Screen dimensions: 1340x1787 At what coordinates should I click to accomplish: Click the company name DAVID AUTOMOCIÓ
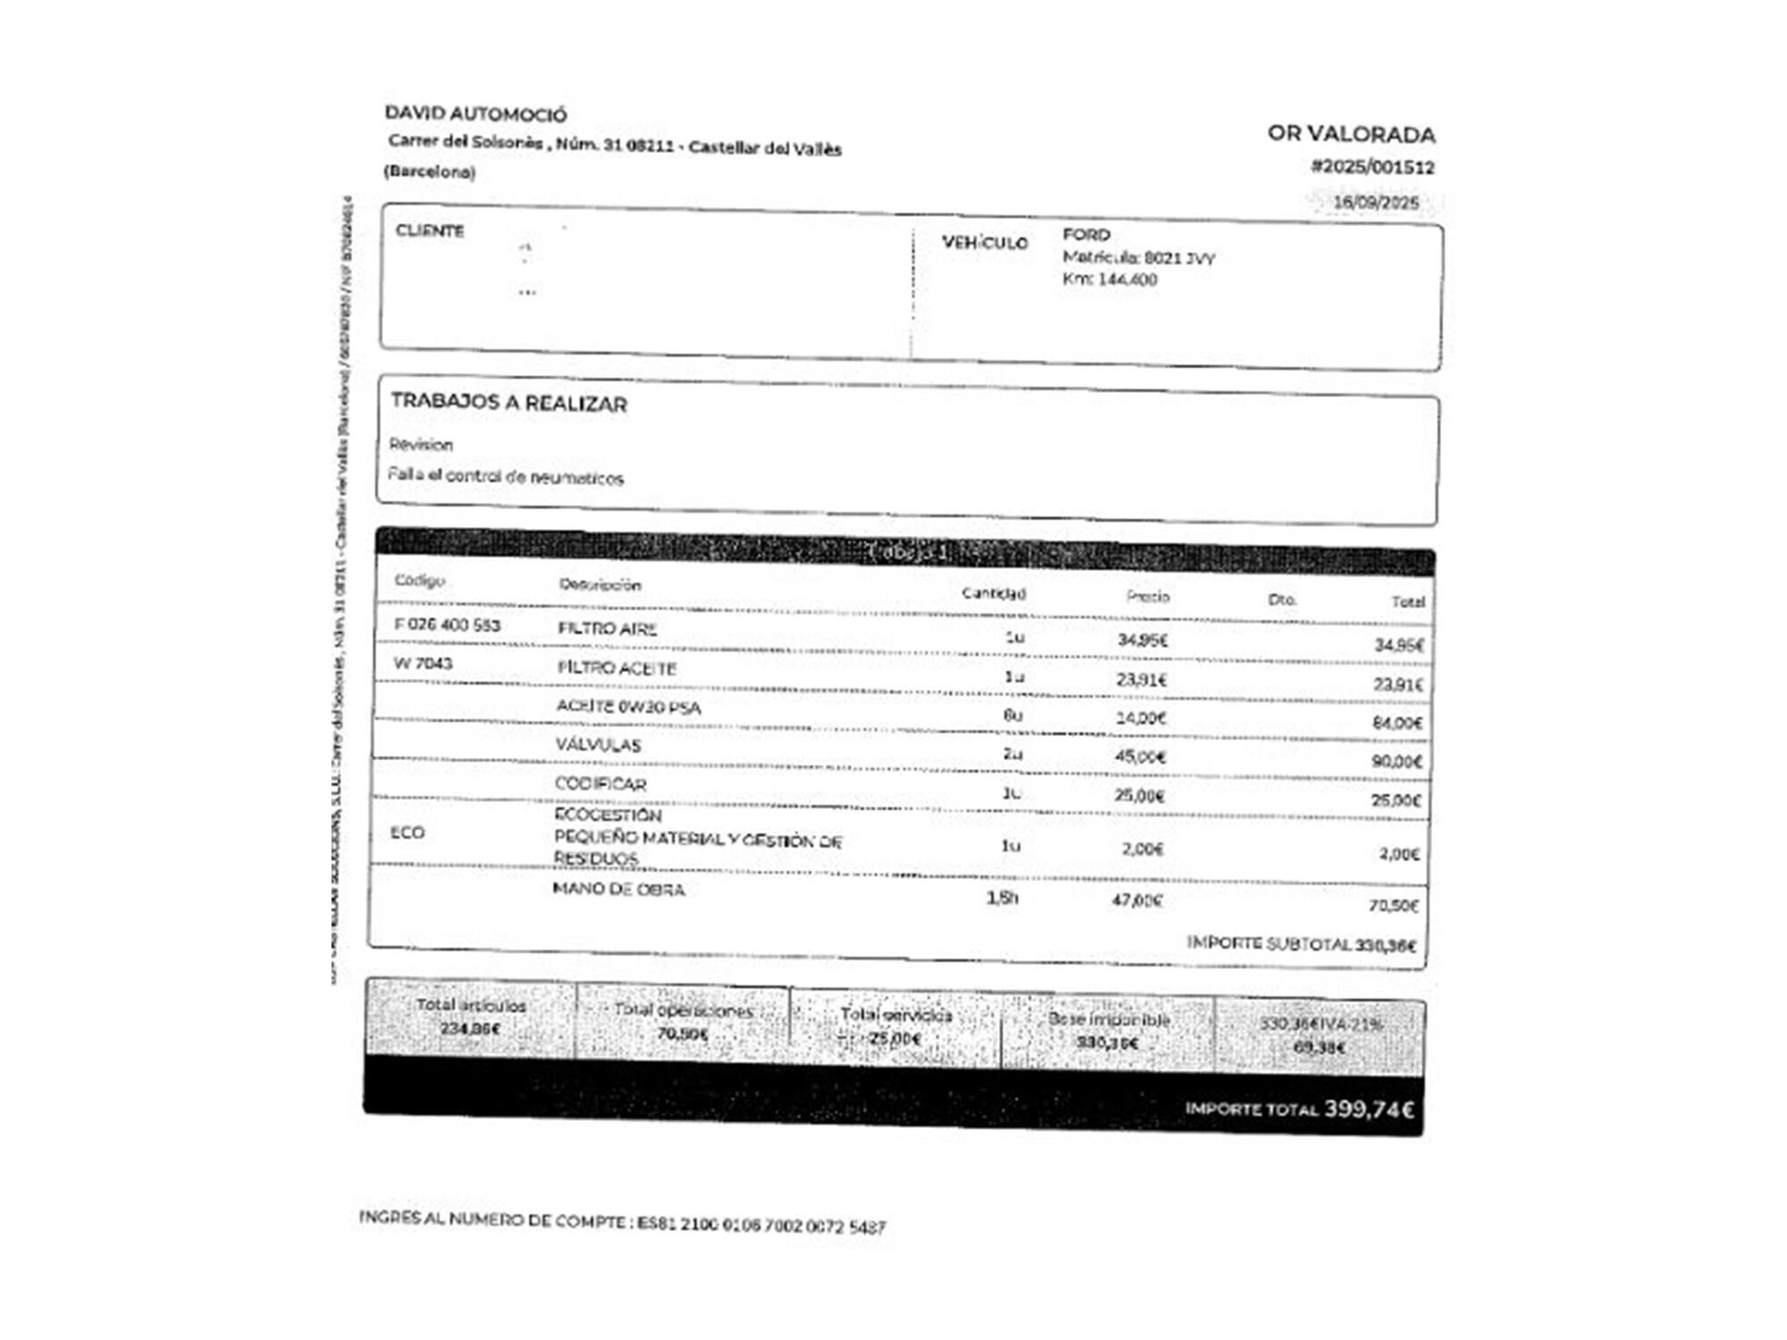click(475, 114)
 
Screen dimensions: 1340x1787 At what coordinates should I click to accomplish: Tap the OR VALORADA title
click(1350, 135)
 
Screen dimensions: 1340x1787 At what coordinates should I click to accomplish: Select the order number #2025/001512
click(1372, 167)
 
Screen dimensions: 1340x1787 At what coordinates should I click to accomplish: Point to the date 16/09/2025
click(1375, 202)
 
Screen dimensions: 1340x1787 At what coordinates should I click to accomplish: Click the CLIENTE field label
click(430, 230)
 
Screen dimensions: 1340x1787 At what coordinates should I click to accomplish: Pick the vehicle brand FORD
click(1086, 235)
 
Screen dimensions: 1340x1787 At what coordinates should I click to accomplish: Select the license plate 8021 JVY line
click(1138, 258)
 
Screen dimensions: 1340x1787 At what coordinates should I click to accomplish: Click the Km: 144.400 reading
click(1110, 280)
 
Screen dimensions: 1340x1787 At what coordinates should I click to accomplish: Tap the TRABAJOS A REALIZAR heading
click(508, 403)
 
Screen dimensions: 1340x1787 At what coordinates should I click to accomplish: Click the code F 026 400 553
click(447, 625)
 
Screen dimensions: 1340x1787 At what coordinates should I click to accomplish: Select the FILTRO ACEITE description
click(617, 668)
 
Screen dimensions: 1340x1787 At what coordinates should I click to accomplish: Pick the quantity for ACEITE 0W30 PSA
click(1012, 716)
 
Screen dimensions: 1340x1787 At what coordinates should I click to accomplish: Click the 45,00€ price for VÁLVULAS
click(1139, 757)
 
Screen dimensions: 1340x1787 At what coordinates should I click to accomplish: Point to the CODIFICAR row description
click(600, 784)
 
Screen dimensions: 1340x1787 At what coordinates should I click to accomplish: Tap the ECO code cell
click(407, 833)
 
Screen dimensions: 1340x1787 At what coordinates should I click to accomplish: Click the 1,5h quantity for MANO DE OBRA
click(1002, 898)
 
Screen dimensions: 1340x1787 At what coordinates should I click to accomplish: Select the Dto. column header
click(1281, 599)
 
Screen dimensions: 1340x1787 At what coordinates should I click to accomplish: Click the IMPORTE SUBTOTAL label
click(1268, 943)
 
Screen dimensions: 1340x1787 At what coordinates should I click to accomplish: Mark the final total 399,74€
click(1368, 1110)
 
